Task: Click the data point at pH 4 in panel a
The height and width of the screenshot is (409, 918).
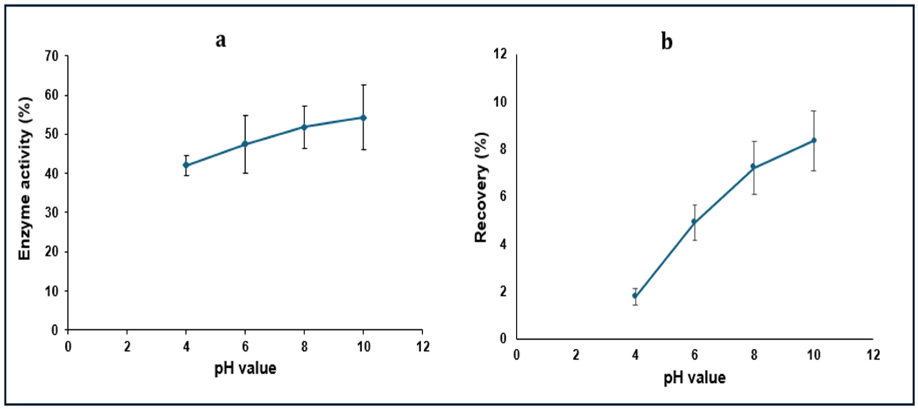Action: pos(186,165)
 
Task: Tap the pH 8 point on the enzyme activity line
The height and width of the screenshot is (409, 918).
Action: pos(304,127)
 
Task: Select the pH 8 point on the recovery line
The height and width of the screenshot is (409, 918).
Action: pos(753,166)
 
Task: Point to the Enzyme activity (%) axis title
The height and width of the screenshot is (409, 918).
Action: pos(26,179)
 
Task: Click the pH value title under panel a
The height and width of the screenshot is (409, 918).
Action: pos(245,368)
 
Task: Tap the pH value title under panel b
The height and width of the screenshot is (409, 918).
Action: pos(695,377)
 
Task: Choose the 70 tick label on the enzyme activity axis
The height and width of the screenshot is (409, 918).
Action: pos(51,56)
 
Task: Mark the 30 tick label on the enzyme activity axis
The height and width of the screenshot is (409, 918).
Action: pos(51,213)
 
